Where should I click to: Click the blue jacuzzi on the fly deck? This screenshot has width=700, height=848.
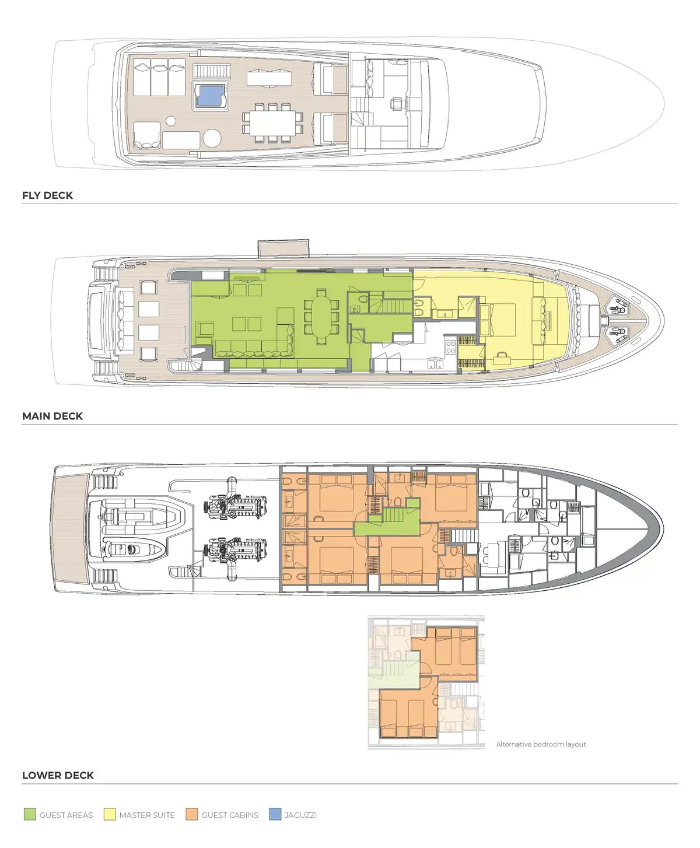tap(209, 96)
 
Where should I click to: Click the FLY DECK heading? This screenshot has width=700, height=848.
tap(47, 195)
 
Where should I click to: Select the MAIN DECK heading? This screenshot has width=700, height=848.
tap(52, 416)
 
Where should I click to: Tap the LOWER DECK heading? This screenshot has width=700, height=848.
tap(58, 775)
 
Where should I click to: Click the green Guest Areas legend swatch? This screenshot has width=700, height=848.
tap(30, 815)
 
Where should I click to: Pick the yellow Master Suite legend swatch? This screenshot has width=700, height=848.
tap(110, 815)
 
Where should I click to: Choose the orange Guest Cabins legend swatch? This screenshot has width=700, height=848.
tap(192, 815)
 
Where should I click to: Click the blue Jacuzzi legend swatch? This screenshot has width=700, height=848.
tap(275, 815)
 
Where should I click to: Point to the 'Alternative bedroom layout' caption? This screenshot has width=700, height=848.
tap(541, 744)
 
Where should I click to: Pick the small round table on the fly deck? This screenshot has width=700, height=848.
tap(171, 121)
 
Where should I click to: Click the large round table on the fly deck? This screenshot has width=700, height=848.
tap(212, 138)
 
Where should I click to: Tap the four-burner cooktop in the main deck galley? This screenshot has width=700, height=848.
tap(451, 346)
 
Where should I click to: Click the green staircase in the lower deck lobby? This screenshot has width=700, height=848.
tap(393, 516)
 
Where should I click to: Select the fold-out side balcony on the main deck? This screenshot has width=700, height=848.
tap(283, 248)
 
